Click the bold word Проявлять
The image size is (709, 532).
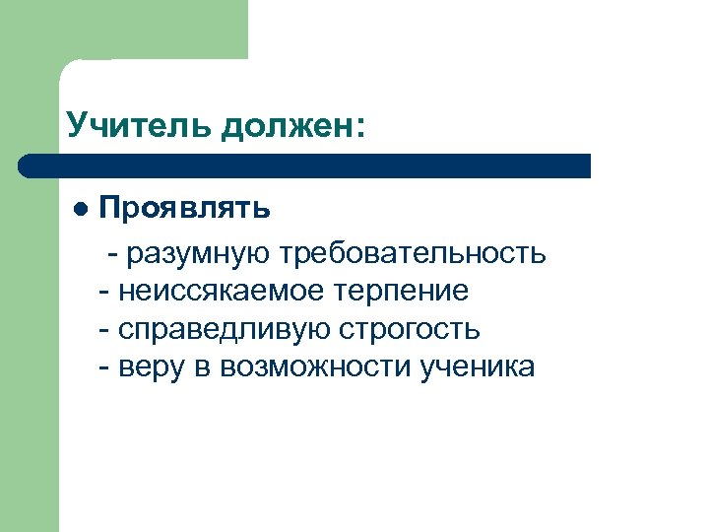pos(185,210)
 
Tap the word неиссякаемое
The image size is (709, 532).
pos(217,292)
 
